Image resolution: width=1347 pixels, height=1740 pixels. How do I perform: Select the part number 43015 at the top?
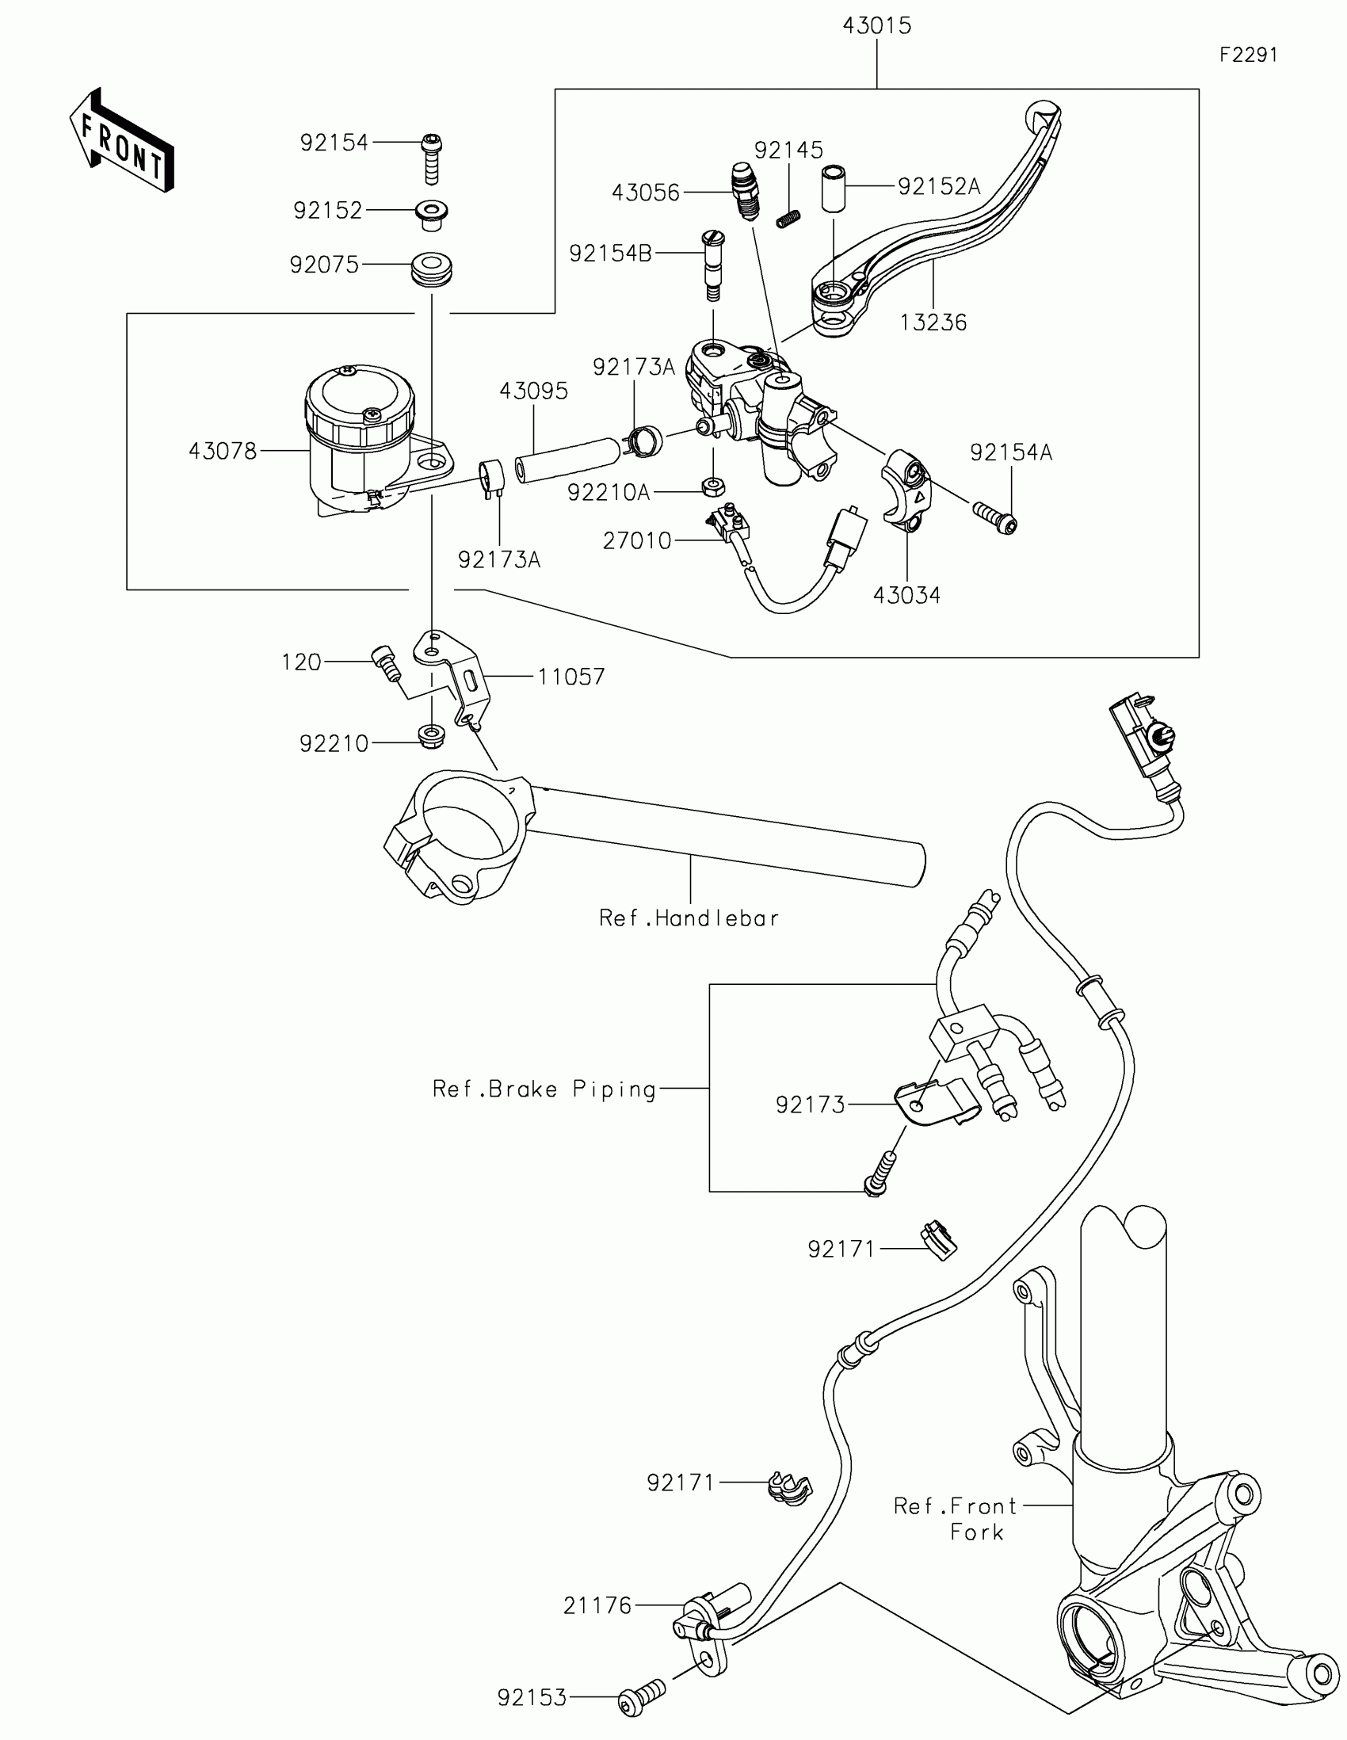tap(876, 26)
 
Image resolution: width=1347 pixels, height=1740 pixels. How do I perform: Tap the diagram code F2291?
tap(1248, 55)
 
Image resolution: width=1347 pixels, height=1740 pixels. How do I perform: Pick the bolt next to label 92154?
tap(431, 158)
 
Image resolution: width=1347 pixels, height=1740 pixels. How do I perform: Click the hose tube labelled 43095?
tap(567, 460)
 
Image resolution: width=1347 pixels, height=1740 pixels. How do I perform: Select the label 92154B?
tap(610, 254)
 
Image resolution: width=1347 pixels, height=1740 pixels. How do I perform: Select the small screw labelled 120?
tap(385, 664)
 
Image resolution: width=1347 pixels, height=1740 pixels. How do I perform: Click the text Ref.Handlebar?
tap(689, 918)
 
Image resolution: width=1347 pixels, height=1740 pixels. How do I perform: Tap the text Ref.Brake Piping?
tap(545, 1089)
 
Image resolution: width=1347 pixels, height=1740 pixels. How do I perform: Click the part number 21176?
tap(597, 1605)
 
